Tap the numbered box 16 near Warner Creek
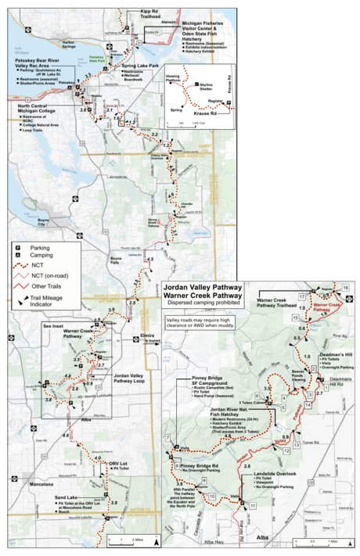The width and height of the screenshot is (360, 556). coord(345,289)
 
